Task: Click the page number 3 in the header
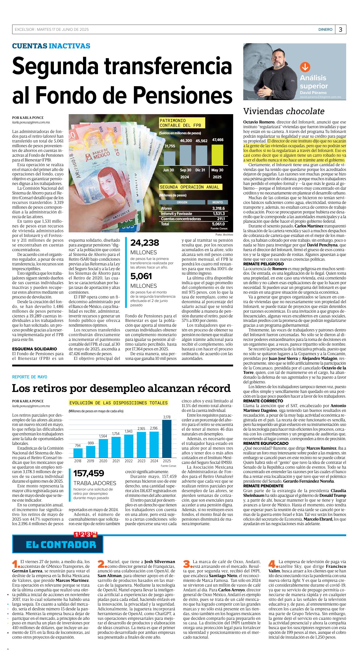tap(340, 29)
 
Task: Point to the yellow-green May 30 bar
tap(217, 155)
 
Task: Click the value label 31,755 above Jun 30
tap(170, 146)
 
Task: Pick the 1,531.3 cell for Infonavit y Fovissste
tap(218, 214)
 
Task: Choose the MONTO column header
tap(218, 202)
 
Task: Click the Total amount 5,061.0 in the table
tap(218, 224)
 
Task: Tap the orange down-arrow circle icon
tap(305, 67)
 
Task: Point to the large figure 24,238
tap(145, 243)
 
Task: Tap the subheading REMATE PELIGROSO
tap(263, 264)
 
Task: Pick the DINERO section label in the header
tap(325, 29)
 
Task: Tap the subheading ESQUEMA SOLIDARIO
tap(34, 349)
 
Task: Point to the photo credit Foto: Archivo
tap(224, 235)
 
